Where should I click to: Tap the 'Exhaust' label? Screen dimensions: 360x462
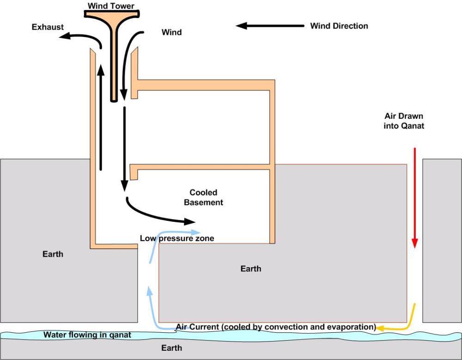48,27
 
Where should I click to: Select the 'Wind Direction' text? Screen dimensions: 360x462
339,25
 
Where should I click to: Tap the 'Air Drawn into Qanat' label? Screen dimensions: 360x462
403,120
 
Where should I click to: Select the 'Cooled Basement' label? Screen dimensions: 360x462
203,197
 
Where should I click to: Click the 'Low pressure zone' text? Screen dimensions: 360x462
177,238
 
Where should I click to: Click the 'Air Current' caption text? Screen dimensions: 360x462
276,327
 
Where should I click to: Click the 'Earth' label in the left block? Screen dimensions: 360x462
53,254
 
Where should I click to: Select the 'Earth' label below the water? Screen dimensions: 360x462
171,348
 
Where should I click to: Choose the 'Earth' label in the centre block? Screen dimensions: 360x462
251,268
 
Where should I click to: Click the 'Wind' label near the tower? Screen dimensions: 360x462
171,32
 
